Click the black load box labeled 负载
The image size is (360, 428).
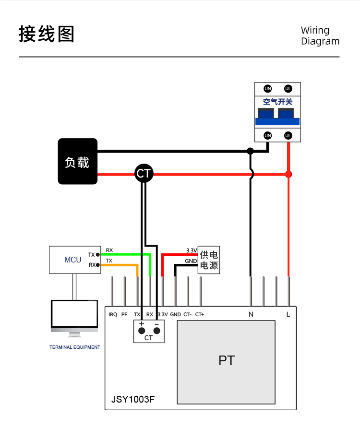(x=77, y=161)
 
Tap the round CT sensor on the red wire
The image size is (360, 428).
(x=144, y=173)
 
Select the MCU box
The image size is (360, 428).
(x=73, y=260)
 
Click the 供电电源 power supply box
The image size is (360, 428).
(x=209, y=261)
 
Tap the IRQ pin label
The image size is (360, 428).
(x=113, y=315)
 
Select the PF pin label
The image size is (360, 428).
(x=124, y=315)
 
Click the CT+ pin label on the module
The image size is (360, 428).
(x=200, y=315)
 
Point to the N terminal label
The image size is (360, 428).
(x=251, y=315)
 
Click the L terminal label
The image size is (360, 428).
(x=288, y=315)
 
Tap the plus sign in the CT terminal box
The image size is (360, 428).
(x=142, y=325)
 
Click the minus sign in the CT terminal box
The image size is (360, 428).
(x=156, y=325)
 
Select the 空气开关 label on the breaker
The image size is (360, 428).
(x=277, y=102)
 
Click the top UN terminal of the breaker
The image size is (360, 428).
(x=268, y=88)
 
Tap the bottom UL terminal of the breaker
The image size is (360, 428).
(x=288, y=136)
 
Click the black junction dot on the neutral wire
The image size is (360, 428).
(x=250, y=151)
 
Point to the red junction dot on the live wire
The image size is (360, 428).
(x=288, y=174)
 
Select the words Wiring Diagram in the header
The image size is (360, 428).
(x=320, y=36)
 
